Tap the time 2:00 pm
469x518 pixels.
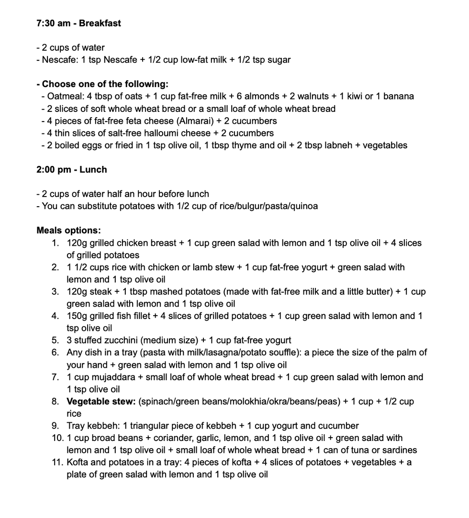[53, 169]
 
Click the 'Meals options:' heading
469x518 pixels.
[68, 231]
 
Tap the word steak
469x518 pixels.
[100, 291]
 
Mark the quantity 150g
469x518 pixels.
[77, 316]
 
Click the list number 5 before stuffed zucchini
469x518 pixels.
[56, 340]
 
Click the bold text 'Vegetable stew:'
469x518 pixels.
[101, 401]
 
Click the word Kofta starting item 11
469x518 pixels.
[78, 462]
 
